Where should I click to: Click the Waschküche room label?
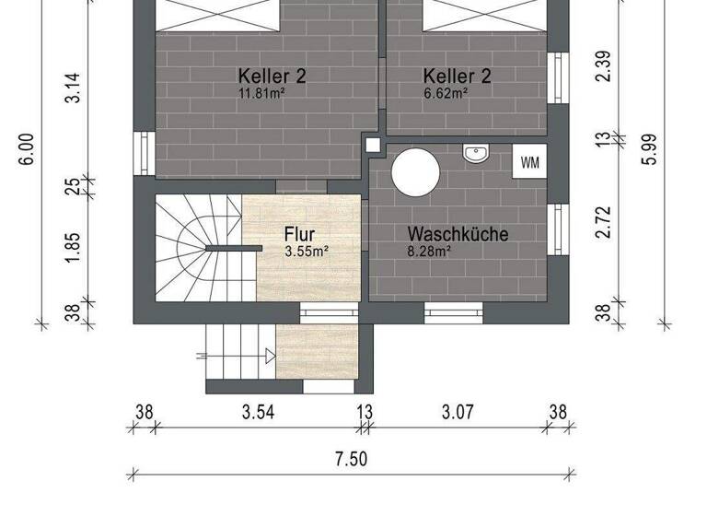[458, 234]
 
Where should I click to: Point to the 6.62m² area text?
[446, 92]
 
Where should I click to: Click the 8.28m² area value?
[429, 251]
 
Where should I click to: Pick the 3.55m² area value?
[307, 251]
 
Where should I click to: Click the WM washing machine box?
[530, 162]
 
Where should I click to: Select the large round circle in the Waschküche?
[416, 170]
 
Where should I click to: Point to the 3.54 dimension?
[259, 412]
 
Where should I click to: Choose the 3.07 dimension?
[458, 412]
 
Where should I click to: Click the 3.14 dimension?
[74, 88]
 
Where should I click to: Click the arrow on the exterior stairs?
[270, 356]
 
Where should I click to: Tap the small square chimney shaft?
[373, 145]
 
